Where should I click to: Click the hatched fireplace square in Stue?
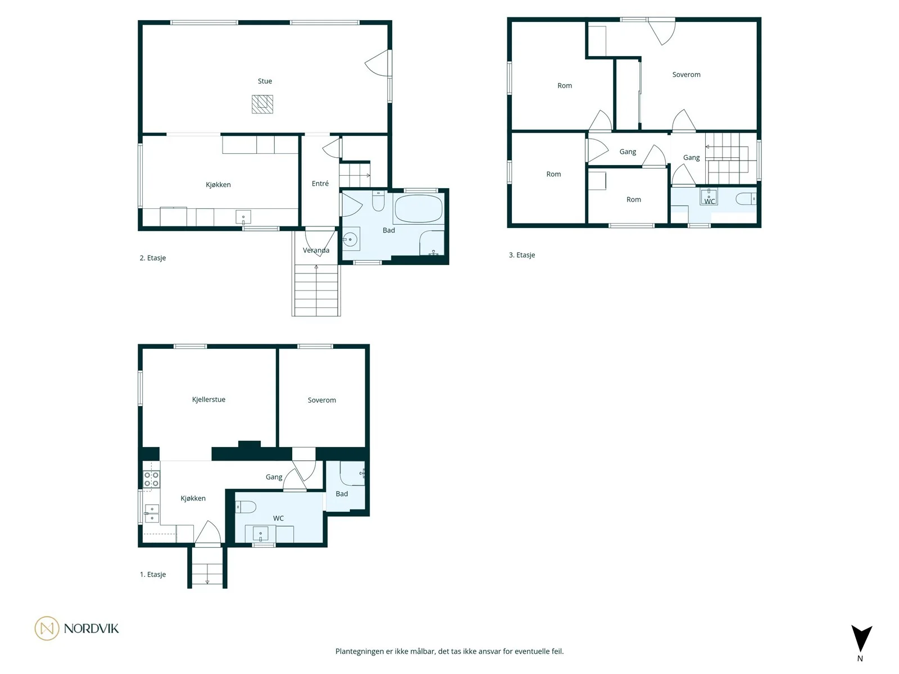262,104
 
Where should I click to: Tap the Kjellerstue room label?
208,399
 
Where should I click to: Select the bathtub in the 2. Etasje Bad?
418,208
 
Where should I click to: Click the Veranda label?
316,250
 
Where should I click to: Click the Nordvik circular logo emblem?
47,628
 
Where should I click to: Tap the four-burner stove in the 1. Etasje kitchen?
151,479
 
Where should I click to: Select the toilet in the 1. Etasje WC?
246,507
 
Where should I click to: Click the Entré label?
320,183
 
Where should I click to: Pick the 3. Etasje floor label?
522,255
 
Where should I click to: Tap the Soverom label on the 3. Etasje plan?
686,75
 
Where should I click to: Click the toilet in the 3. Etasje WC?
746,199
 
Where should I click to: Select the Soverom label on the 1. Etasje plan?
321,400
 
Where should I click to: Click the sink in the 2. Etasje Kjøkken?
243,217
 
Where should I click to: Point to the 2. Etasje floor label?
153,258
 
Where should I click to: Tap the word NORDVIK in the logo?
92,629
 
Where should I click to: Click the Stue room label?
265,81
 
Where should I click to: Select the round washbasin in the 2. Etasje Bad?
350,239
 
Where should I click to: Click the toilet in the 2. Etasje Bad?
378,201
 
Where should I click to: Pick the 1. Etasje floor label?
153,574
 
